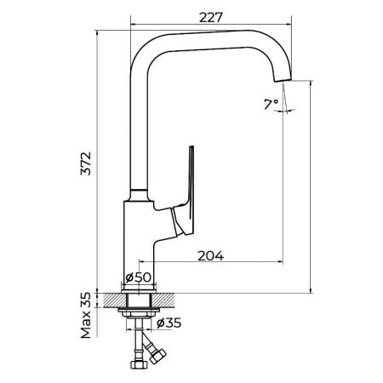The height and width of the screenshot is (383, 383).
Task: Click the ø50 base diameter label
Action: (x=138, y=278)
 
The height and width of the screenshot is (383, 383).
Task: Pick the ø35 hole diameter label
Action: (x=169, y=323)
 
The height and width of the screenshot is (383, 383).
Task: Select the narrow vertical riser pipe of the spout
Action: (x=135, y=128)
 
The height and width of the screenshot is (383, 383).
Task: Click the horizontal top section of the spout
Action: (x=213, y=37)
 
